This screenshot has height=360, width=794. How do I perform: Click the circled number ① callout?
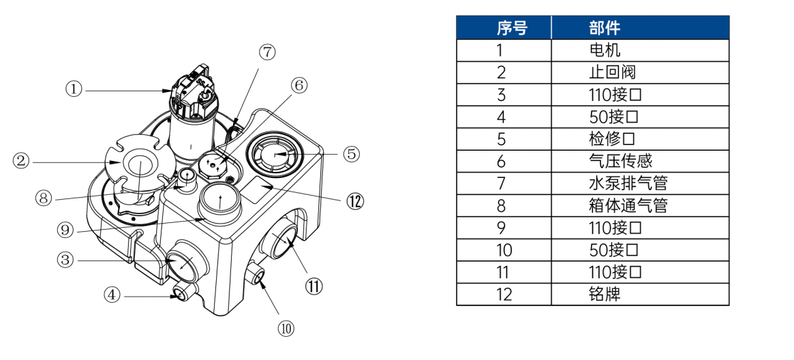(x=74, y=89)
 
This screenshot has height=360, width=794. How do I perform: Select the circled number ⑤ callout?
(x=352, y=153)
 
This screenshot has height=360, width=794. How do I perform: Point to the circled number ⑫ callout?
(x=355, y=201)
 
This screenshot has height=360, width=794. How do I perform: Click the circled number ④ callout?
(x=112, y=295)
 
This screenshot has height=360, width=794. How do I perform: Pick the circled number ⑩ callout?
(x=286, y=329)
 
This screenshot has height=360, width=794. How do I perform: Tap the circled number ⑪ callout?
(x=314, y=286)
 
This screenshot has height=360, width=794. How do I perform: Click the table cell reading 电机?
(x=640, y=50)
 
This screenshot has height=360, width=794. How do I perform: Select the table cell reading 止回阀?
(x=640, y=72)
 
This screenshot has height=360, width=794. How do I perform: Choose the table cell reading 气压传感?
(x=640, y=161)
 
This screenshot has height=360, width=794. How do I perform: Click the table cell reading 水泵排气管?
(x=640, y=183)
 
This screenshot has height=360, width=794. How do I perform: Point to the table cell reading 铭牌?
(x=640, y=294)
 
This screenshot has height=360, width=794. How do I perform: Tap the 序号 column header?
(x=504, y=27)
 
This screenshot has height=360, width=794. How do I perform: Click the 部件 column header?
(x=640, y=27)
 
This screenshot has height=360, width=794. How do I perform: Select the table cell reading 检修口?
(x=640, y=138)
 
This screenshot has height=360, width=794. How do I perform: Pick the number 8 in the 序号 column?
(x=502, y=206)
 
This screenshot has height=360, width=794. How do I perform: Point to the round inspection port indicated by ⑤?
(x=274, y=153)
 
